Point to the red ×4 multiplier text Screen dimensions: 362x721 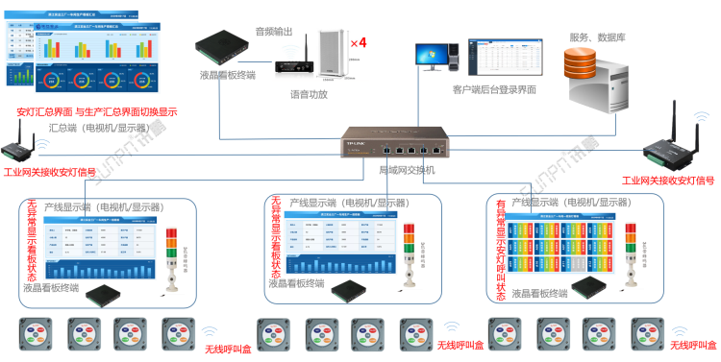point(359,43)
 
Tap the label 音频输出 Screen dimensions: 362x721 point(273,33)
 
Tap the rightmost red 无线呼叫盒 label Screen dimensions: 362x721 point(692,345)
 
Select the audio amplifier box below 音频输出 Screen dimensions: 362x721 point(290,69)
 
